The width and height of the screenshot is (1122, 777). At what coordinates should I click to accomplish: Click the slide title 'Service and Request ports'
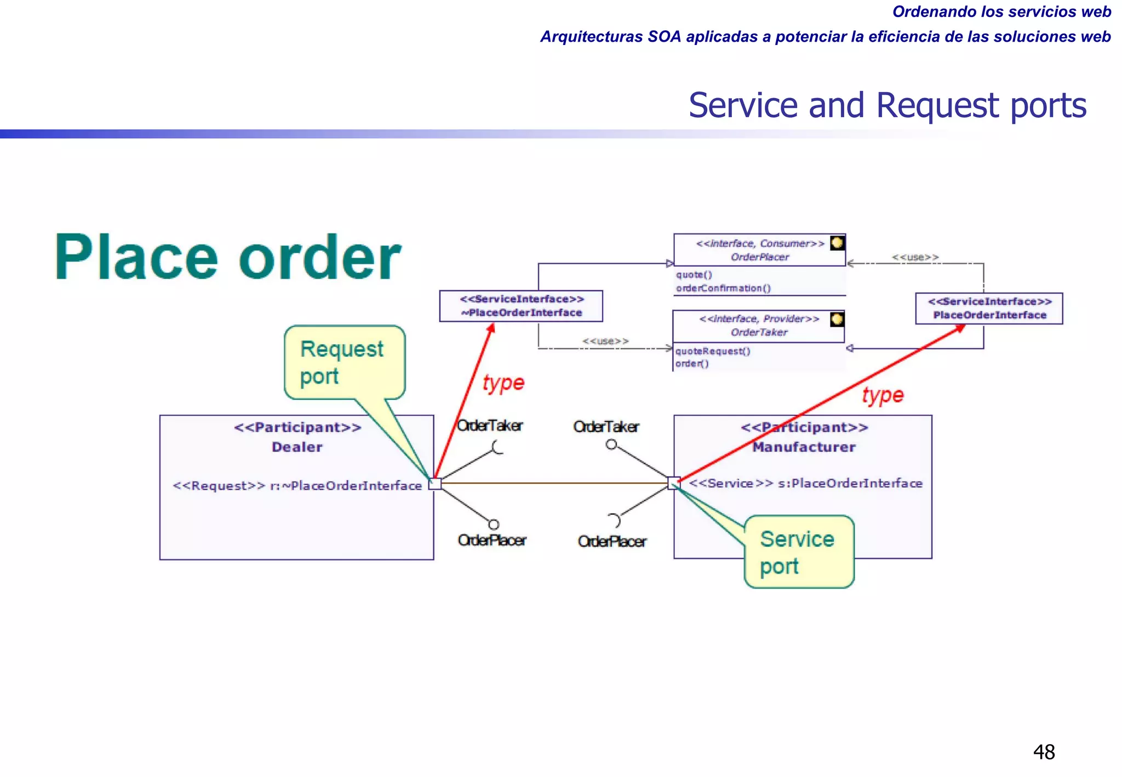887,105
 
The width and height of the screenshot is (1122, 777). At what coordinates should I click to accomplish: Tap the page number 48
1044,752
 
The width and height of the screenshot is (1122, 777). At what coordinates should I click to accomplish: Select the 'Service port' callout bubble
799,552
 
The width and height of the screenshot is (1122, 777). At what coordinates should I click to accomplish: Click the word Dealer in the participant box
297,447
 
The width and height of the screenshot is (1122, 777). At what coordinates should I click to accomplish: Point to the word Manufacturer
804,447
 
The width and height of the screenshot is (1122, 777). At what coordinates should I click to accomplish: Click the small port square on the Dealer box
435,483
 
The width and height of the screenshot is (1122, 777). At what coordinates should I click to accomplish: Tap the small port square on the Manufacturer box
674,483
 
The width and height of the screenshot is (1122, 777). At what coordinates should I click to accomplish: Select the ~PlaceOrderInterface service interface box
521,306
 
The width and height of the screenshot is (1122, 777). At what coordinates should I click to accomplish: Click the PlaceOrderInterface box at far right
989,308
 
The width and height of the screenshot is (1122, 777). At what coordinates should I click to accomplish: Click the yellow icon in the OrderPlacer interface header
837,243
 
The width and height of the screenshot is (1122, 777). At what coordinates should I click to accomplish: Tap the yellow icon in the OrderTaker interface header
837,319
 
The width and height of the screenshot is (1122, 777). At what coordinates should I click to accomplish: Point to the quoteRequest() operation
713,351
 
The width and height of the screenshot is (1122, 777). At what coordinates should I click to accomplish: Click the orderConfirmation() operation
723,288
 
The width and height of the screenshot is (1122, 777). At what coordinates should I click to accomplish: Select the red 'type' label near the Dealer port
503,382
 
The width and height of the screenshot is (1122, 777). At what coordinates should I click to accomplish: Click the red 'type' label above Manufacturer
883,395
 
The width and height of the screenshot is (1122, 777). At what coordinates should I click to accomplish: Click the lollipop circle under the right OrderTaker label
611,444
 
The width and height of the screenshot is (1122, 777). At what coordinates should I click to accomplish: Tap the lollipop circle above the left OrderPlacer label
494,524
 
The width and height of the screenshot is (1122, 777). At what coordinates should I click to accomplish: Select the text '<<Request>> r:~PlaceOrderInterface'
297,486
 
